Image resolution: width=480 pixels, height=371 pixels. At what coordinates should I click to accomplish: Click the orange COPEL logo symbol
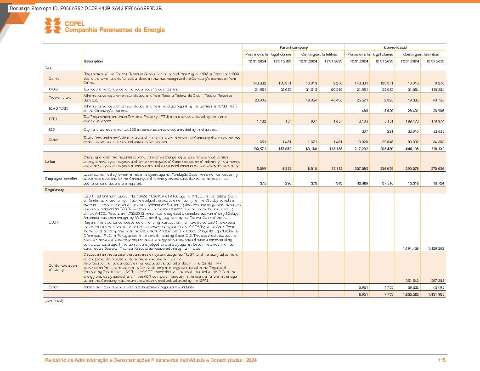coord(52,26)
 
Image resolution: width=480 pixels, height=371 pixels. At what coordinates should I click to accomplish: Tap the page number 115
coord(442,360)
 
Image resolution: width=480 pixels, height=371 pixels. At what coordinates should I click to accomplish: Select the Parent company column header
coord(294,47)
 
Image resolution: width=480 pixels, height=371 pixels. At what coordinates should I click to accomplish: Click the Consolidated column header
coord(395,47)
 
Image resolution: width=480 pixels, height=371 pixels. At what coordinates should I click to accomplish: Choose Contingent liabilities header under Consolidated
coord(421,54)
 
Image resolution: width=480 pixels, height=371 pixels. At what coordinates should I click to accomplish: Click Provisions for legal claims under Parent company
coord(268,54)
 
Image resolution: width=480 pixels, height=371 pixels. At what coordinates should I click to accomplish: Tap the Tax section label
coord(48,68)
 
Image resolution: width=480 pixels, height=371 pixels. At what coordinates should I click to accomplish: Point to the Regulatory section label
coord(54,189)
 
